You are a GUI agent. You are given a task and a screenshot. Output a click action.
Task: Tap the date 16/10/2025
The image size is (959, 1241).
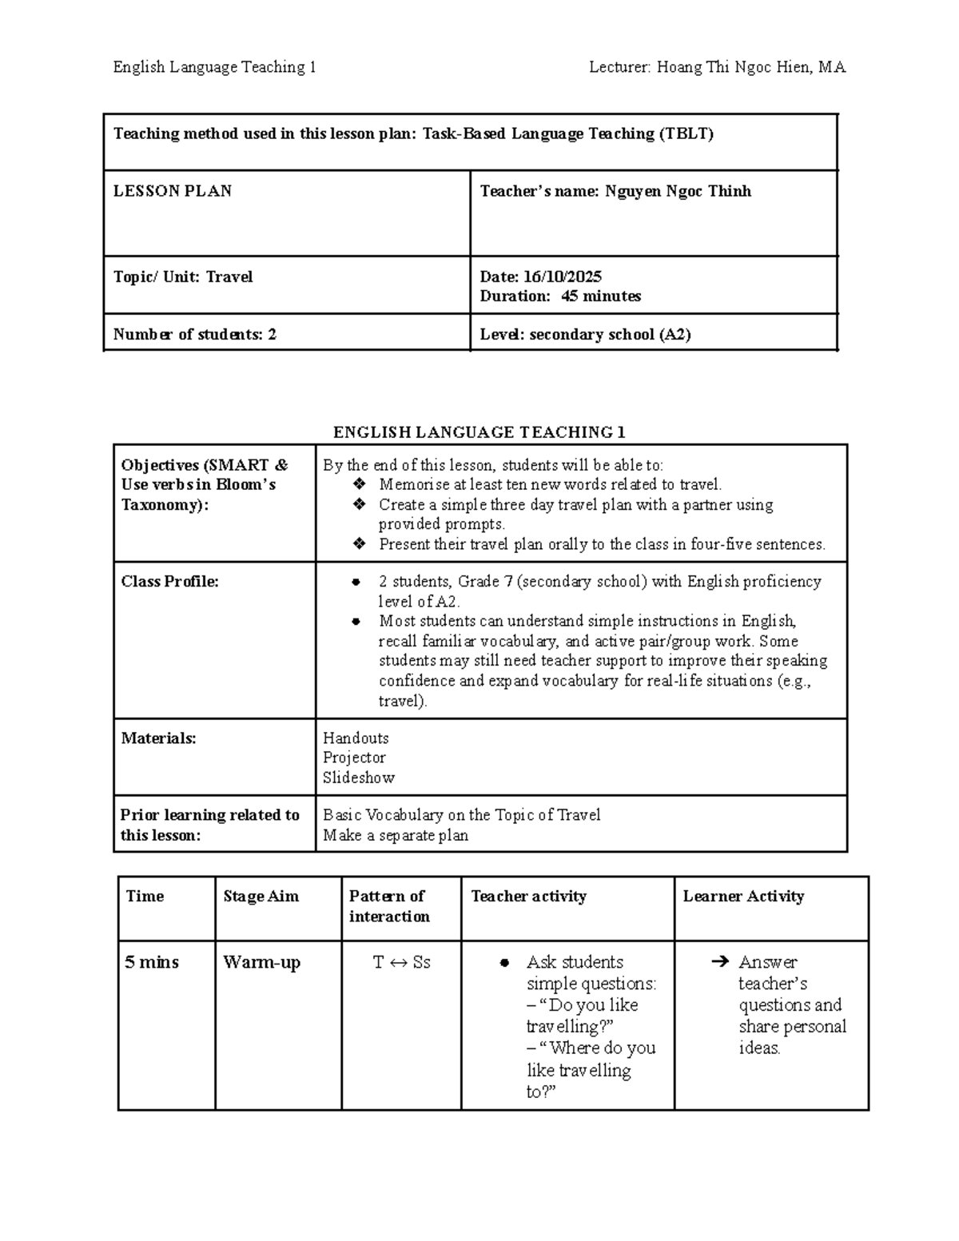pos(563,276)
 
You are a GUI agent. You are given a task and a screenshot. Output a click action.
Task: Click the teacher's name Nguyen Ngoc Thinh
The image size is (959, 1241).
pos(678,191)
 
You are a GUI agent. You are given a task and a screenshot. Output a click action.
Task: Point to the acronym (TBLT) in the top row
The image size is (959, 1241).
pos(685,133)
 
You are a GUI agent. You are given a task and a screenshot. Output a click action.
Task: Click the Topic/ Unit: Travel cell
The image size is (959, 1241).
pos(183,277)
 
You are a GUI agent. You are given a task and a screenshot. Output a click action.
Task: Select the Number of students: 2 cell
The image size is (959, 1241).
pos(195,335)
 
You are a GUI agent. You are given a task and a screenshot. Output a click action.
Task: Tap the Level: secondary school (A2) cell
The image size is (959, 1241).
pos(585,335)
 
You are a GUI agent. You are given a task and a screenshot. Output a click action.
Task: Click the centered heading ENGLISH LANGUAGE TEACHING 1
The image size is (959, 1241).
pos(479,432)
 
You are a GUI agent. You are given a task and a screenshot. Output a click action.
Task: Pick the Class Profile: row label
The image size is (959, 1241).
pos(169,582)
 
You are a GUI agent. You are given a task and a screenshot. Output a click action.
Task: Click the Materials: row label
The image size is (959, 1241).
pos(158,738)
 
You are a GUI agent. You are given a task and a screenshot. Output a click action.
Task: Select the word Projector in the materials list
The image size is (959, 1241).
pos(354,758)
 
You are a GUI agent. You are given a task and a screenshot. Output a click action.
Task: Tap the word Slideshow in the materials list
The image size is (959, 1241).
pos(359,778)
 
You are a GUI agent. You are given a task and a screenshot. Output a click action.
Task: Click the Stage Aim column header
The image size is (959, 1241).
pos(261,897)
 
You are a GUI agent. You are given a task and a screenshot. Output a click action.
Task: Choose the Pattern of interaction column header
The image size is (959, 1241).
pos(389,906)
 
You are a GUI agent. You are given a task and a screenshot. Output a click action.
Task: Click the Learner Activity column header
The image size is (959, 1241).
pos(743,897)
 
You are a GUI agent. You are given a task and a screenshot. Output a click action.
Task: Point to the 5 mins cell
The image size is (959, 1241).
pos(152,962)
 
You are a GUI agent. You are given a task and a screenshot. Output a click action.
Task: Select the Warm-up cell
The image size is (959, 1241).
pos(261,962)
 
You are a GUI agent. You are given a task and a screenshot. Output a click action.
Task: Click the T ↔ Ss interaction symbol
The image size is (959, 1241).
pos(401,962)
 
